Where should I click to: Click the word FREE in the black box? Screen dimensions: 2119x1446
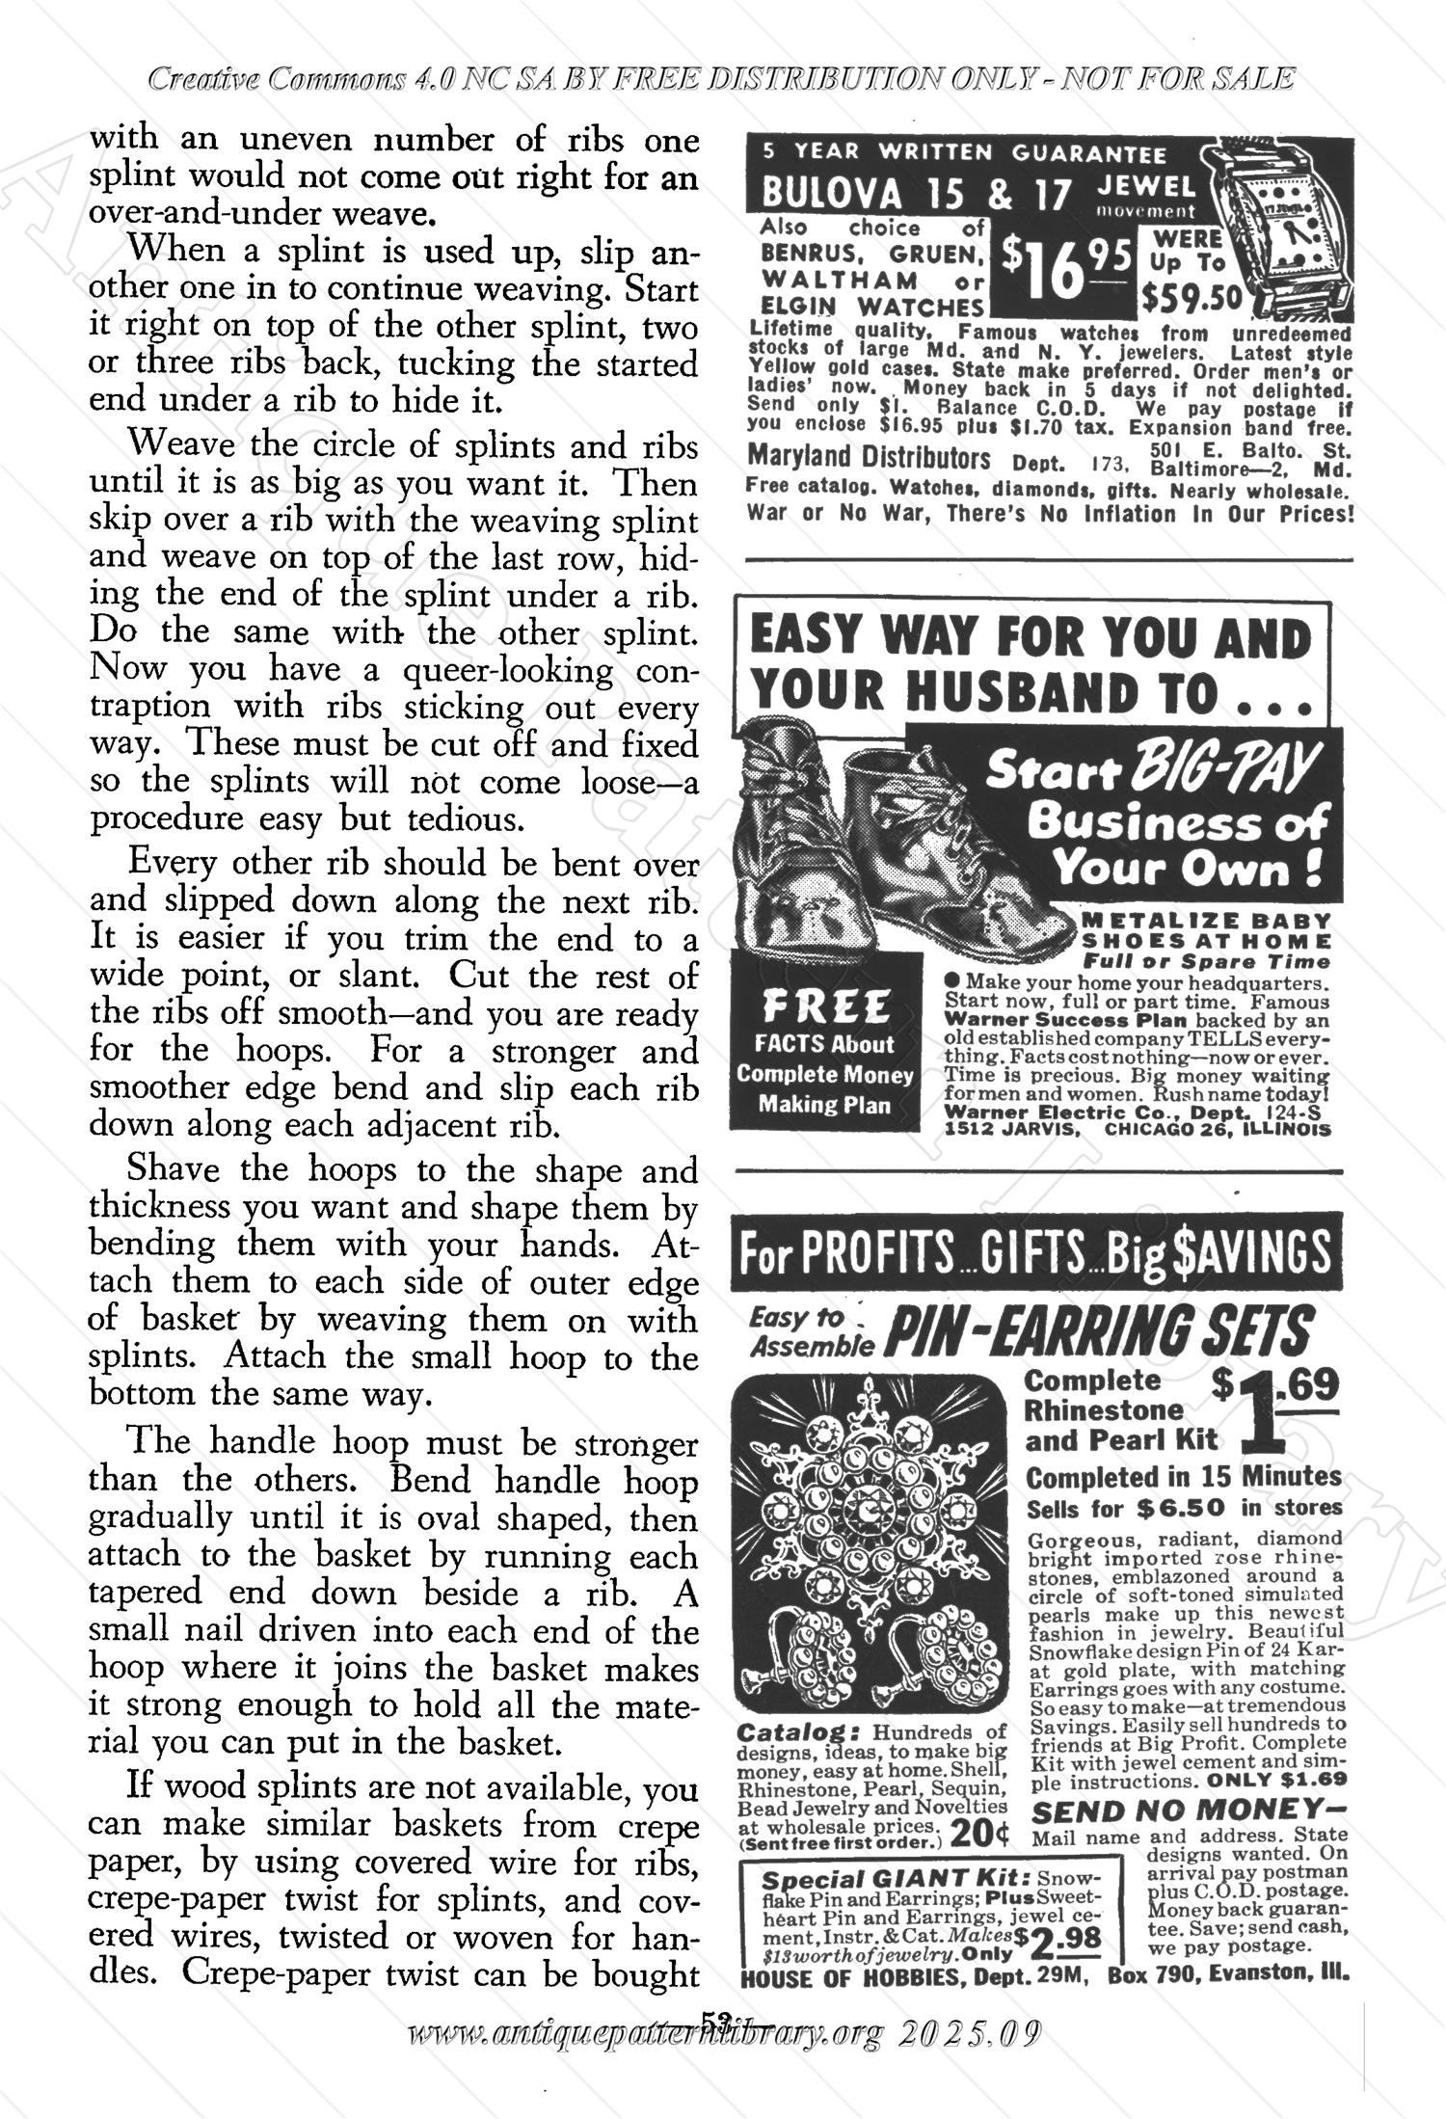(825, 1007)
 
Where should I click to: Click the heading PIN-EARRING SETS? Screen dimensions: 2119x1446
(1099, 1331)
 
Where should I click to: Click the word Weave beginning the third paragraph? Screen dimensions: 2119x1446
(182, 445)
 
